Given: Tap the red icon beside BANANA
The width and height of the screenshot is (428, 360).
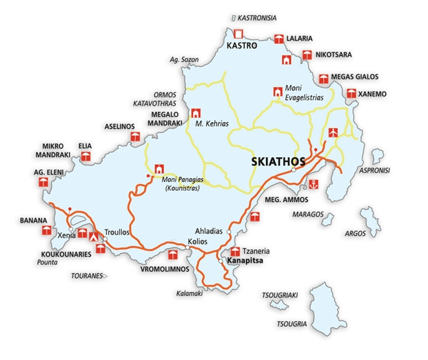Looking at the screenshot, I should [43, 234].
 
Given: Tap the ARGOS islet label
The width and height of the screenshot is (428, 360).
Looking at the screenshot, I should [355, 233].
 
